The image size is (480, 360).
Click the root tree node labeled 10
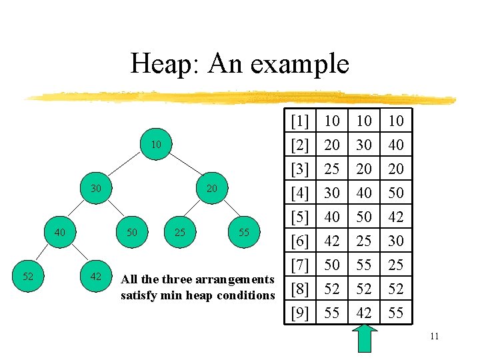(x=155, y=145)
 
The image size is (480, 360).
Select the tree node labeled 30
(x=96, y=189)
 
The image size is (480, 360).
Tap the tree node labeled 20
(x=212, y=189)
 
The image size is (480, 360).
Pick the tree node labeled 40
(x=60, y=233)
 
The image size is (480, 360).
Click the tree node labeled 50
(x=132, y=233)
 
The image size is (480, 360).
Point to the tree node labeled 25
(x=180, y=233)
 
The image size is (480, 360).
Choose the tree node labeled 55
(x=244, y=233)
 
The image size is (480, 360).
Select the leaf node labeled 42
(x=96, y=276)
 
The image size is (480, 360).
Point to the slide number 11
(x=434, y=336)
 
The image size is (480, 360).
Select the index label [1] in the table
(x=300, y=121)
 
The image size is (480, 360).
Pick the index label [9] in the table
(x=300, y=313)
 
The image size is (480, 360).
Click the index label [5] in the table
(x=300, y=217)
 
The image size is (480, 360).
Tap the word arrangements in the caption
(x=235, y=281)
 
